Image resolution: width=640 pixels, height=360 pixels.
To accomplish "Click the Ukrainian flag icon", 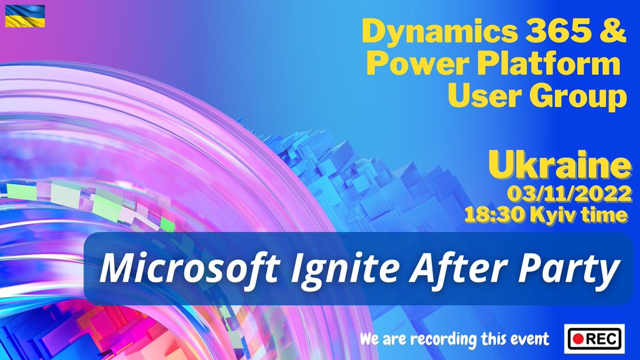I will pyautogui.click(x=25, y=16).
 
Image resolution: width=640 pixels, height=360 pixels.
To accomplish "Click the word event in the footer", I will pyautogui.click(x=531, y=339).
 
